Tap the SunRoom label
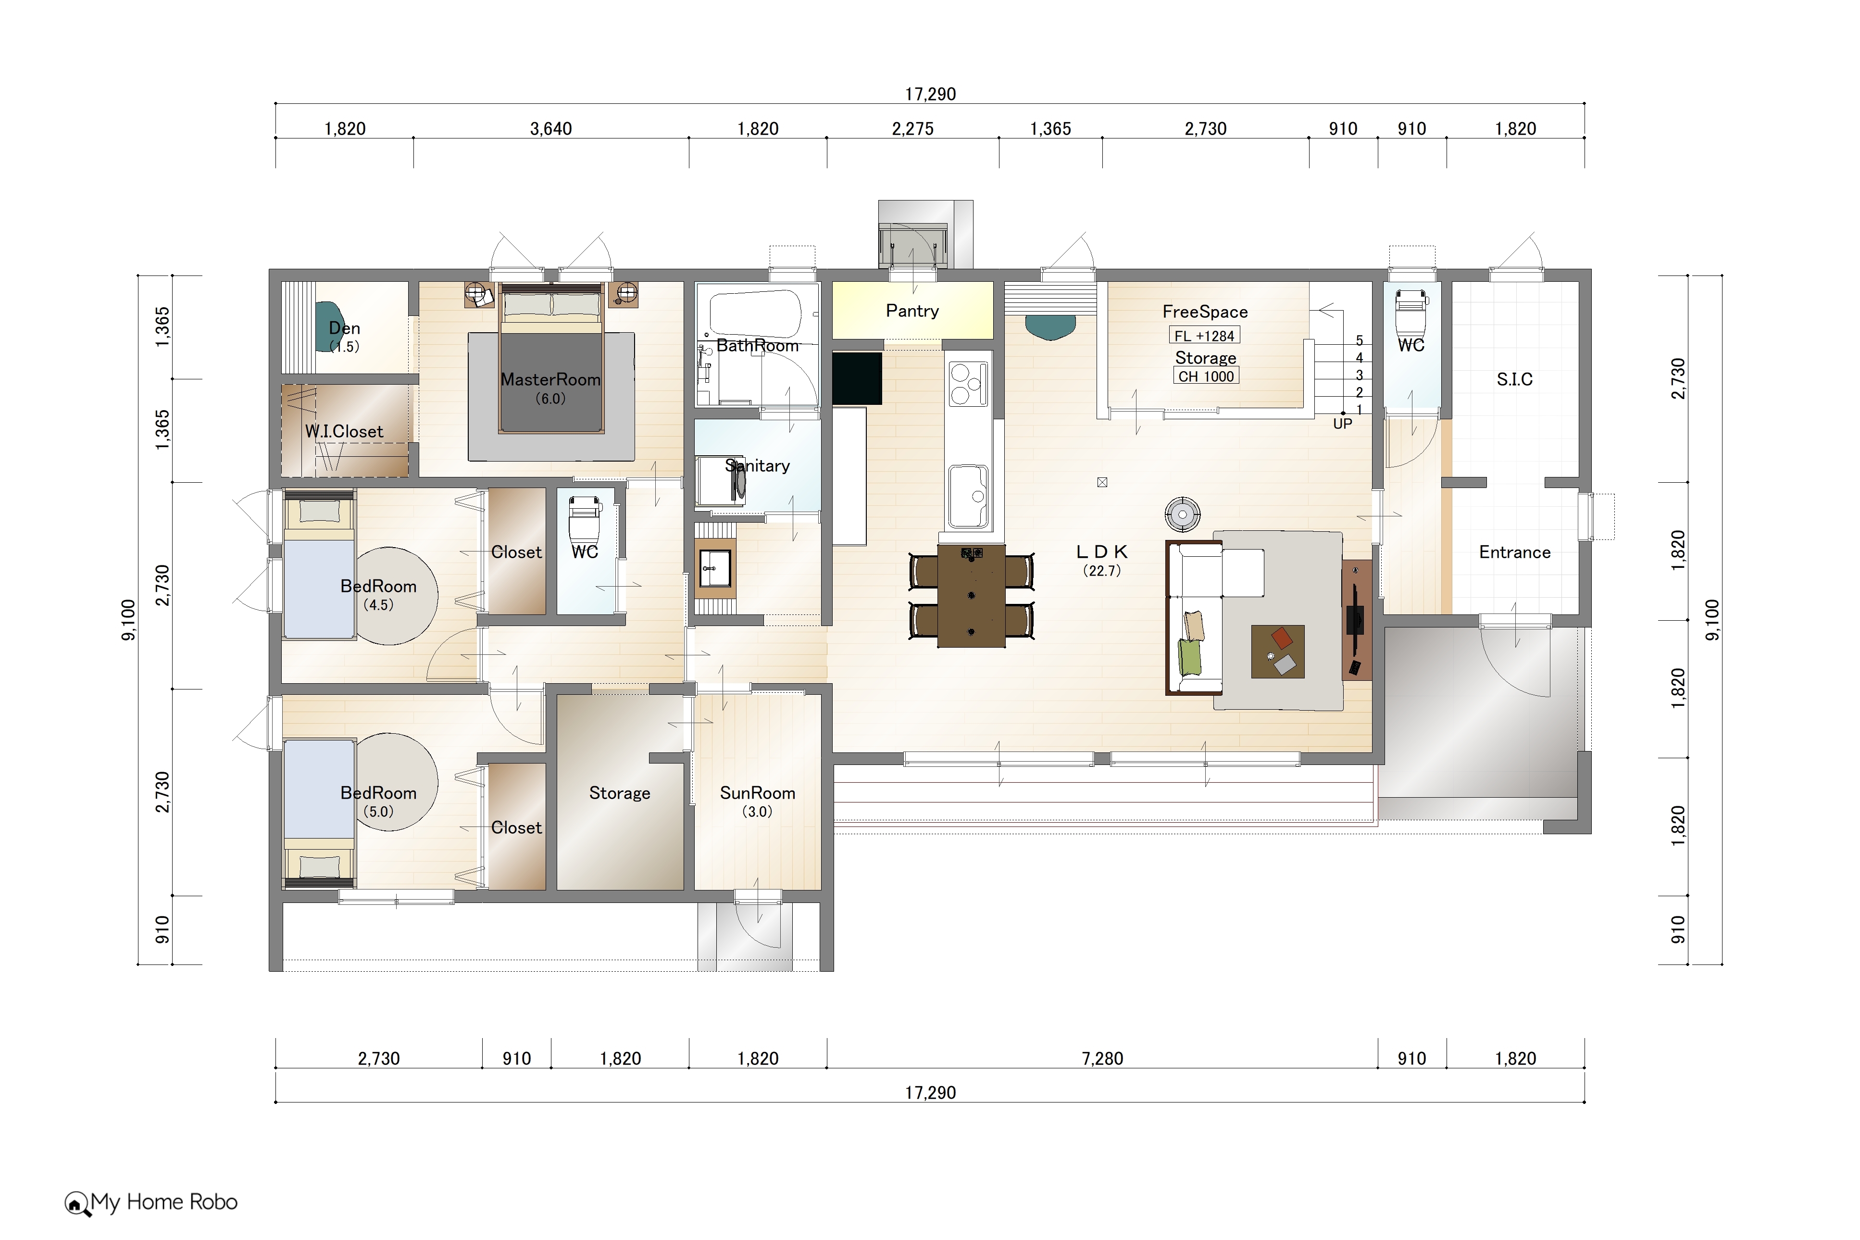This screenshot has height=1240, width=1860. (x=757, y=792)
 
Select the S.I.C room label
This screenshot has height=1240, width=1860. (x=1514, y=379)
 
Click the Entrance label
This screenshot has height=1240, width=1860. (x=1514, y=552)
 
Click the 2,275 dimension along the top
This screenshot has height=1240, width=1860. (x=912, y=128)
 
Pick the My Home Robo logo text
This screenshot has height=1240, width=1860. (x=163, y=1202)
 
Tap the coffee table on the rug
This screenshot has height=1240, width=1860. (x=1277, y=651)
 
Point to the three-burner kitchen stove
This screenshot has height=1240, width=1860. (x=968, y=384)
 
